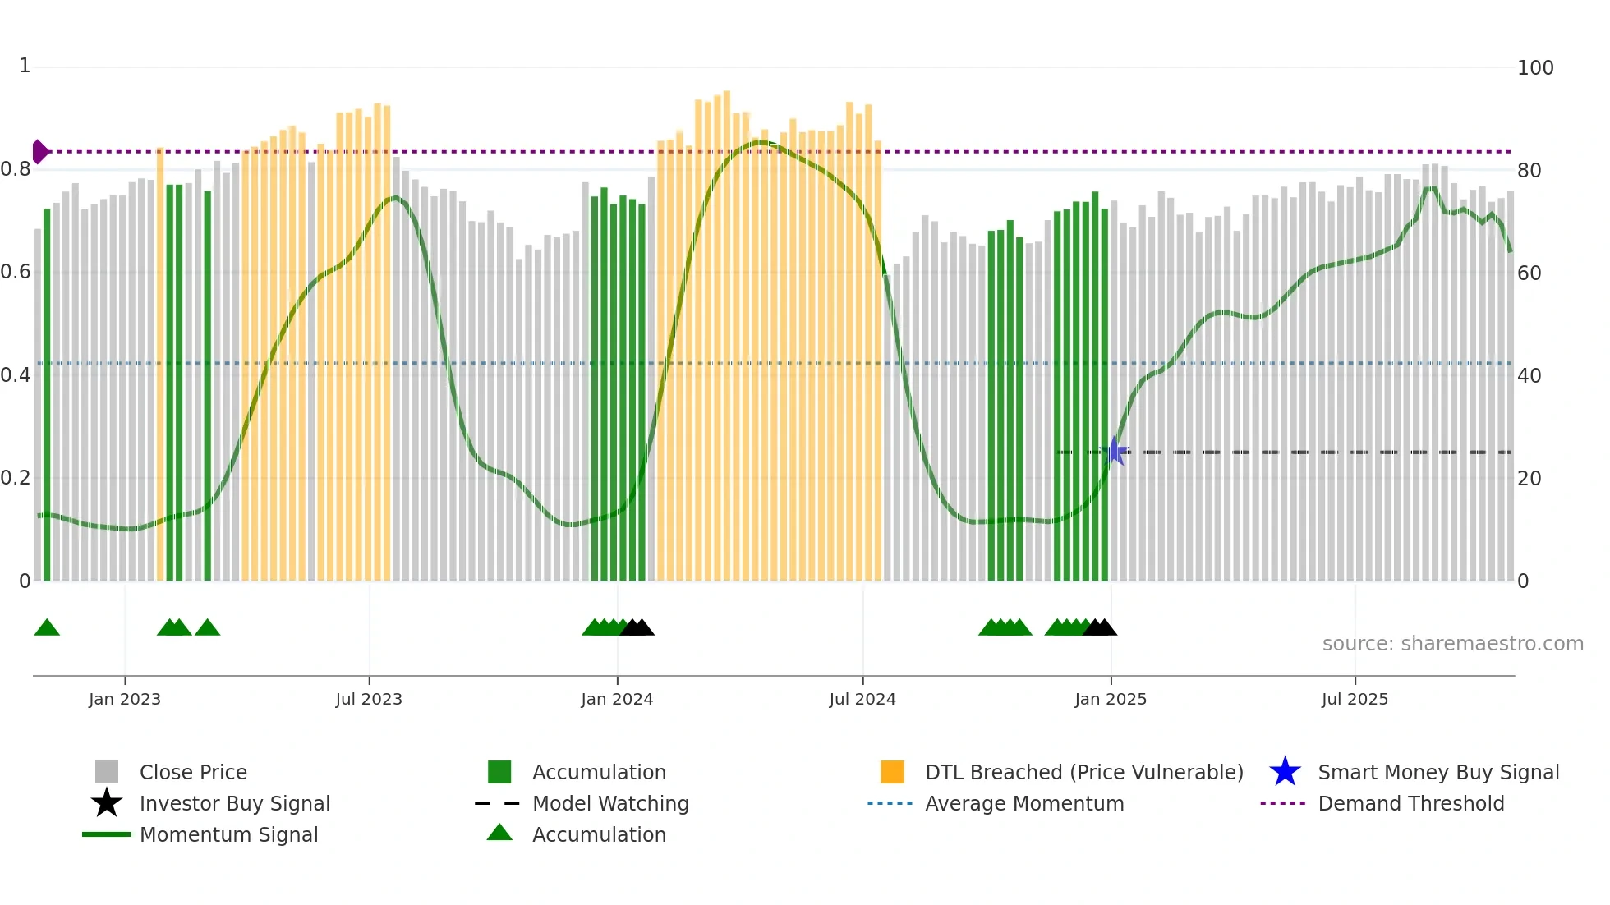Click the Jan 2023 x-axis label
point(125,699)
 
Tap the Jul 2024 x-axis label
point(862,699)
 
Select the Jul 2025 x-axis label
point(1355,699)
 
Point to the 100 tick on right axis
point(1534,67)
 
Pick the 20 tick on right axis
point(1529,478)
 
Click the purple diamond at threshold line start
point(39,152)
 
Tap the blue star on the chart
point(1115,451)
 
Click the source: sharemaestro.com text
point(1452,643)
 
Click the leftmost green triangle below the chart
point(47,628)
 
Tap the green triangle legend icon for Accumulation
point(499,833)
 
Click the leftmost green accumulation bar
point(47,394)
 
